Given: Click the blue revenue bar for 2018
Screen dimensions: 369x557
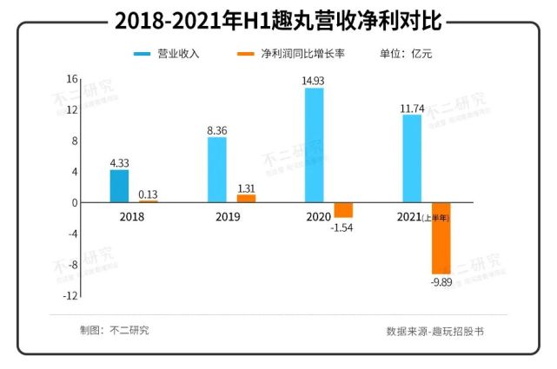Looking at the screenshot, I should [x=119, y=186].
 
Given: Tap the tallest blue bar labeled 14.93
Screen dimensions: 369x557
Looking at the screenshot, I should [x=314, y=145].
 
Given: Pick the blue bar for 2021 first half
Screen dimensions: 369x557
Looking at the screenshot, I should [x=411, y=158].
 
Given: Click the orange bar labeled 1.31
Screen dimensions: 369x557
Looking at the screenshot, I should [x=247, y=198].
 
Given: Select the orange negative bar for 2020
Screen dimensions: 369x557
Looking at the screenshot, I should [x=343, y=209].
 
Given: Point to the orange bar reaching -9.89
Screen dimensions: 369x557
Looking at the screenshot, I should [x=441, y=238].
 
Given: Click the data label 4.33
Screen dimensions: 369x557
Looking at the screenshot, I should [x=119, y=162].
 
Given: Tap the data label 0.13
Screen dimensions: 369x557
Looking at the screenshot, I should [x=149, y=194].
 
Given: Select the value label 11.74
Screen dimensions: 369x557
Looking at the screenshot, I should [x=411, y=108].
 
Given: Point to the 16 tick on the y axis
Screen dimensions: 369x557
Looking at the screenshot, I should [x=72, y=78].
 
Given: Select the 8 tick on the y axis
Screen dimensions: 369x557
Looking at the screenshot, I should [x=75, y=141].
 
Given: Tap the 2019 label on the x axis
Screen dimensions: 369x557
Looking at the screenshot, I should [x=229, y=216].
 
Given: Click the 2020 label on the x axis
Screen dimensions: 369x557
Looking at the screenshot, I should [x=319, y=216].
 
